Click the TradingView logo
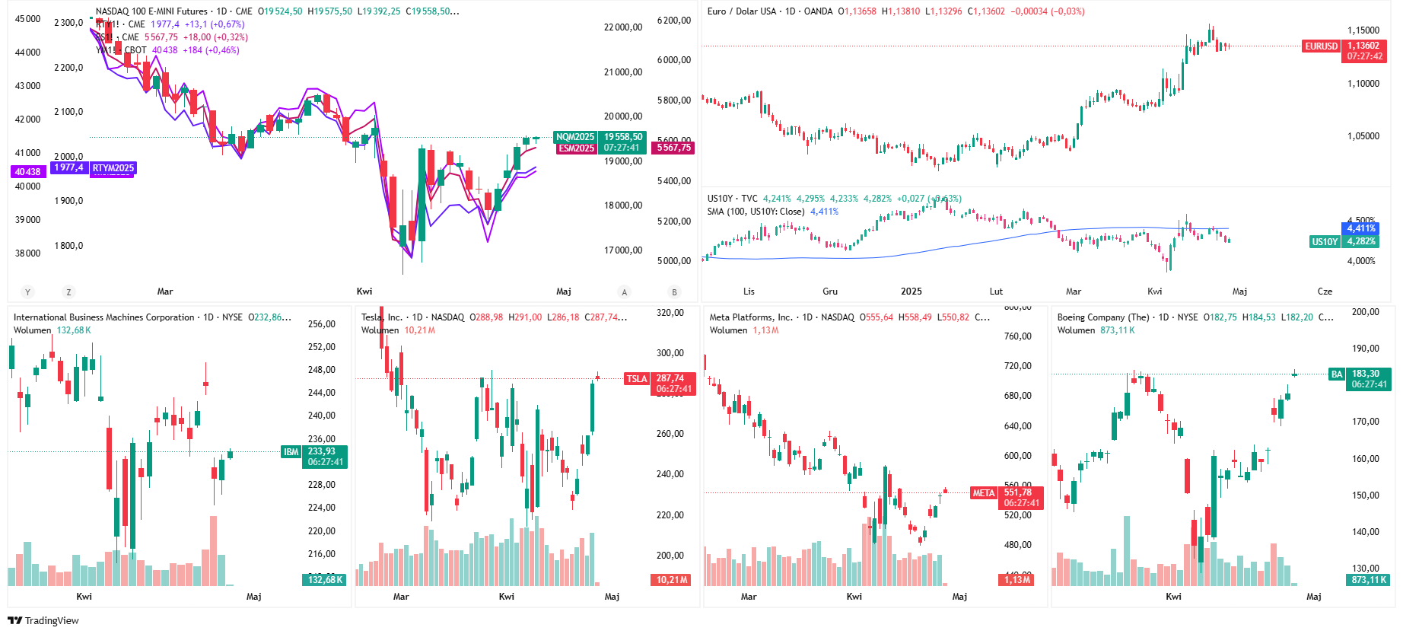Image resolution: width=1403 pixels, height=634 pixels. (43, 620)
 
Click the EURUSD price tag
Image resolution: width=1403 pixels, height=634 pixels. (1321, 46)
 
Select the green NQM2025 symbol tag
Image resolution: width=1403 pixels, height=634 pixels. (575, 137)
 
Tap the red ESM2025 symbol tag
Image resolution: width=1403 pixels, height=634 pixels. (576, 148)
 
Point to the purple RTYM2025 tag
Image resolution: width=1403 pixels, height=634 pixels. (113, 168)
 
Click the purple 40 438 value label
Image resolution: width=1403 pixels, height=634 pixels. (28, 172)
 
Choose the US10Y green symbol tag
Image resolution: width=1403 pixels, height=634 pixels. (1325, 242)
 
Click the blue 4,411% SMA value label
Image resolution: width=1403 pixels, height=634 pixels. (1361, 228)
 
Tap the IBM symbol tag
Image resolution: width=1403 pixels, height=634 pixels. (291, 452)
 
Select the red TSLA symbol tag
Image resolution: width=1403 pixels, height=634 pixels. (637, 379)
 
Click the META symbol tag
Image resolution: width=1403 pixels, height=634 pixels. (984, 493)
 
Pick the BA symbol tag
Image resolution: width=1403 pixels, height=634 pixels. (1337, 374)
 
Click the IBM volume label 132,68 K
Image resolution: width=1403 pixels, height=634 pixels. (326, 580)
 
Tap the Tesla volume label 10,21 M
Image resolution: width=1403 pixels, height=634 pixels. (672, 580)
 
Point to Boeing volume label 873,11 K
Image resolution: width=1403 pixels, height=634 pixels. (1370, 580)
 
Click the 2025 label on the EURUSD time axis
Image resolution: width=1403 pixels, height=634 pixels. (911, 292)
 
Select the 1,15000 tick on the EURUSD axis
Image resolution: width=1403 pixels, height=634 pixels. (1363, 30)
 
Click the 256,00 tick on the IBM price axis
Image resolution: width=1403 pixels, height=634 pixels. (321, 324)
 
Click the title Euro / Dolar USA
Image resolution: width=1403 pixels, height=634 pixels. (741, 11)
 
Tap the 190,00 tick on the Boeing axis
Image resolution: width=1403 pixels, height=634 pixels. (1365, 349)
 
